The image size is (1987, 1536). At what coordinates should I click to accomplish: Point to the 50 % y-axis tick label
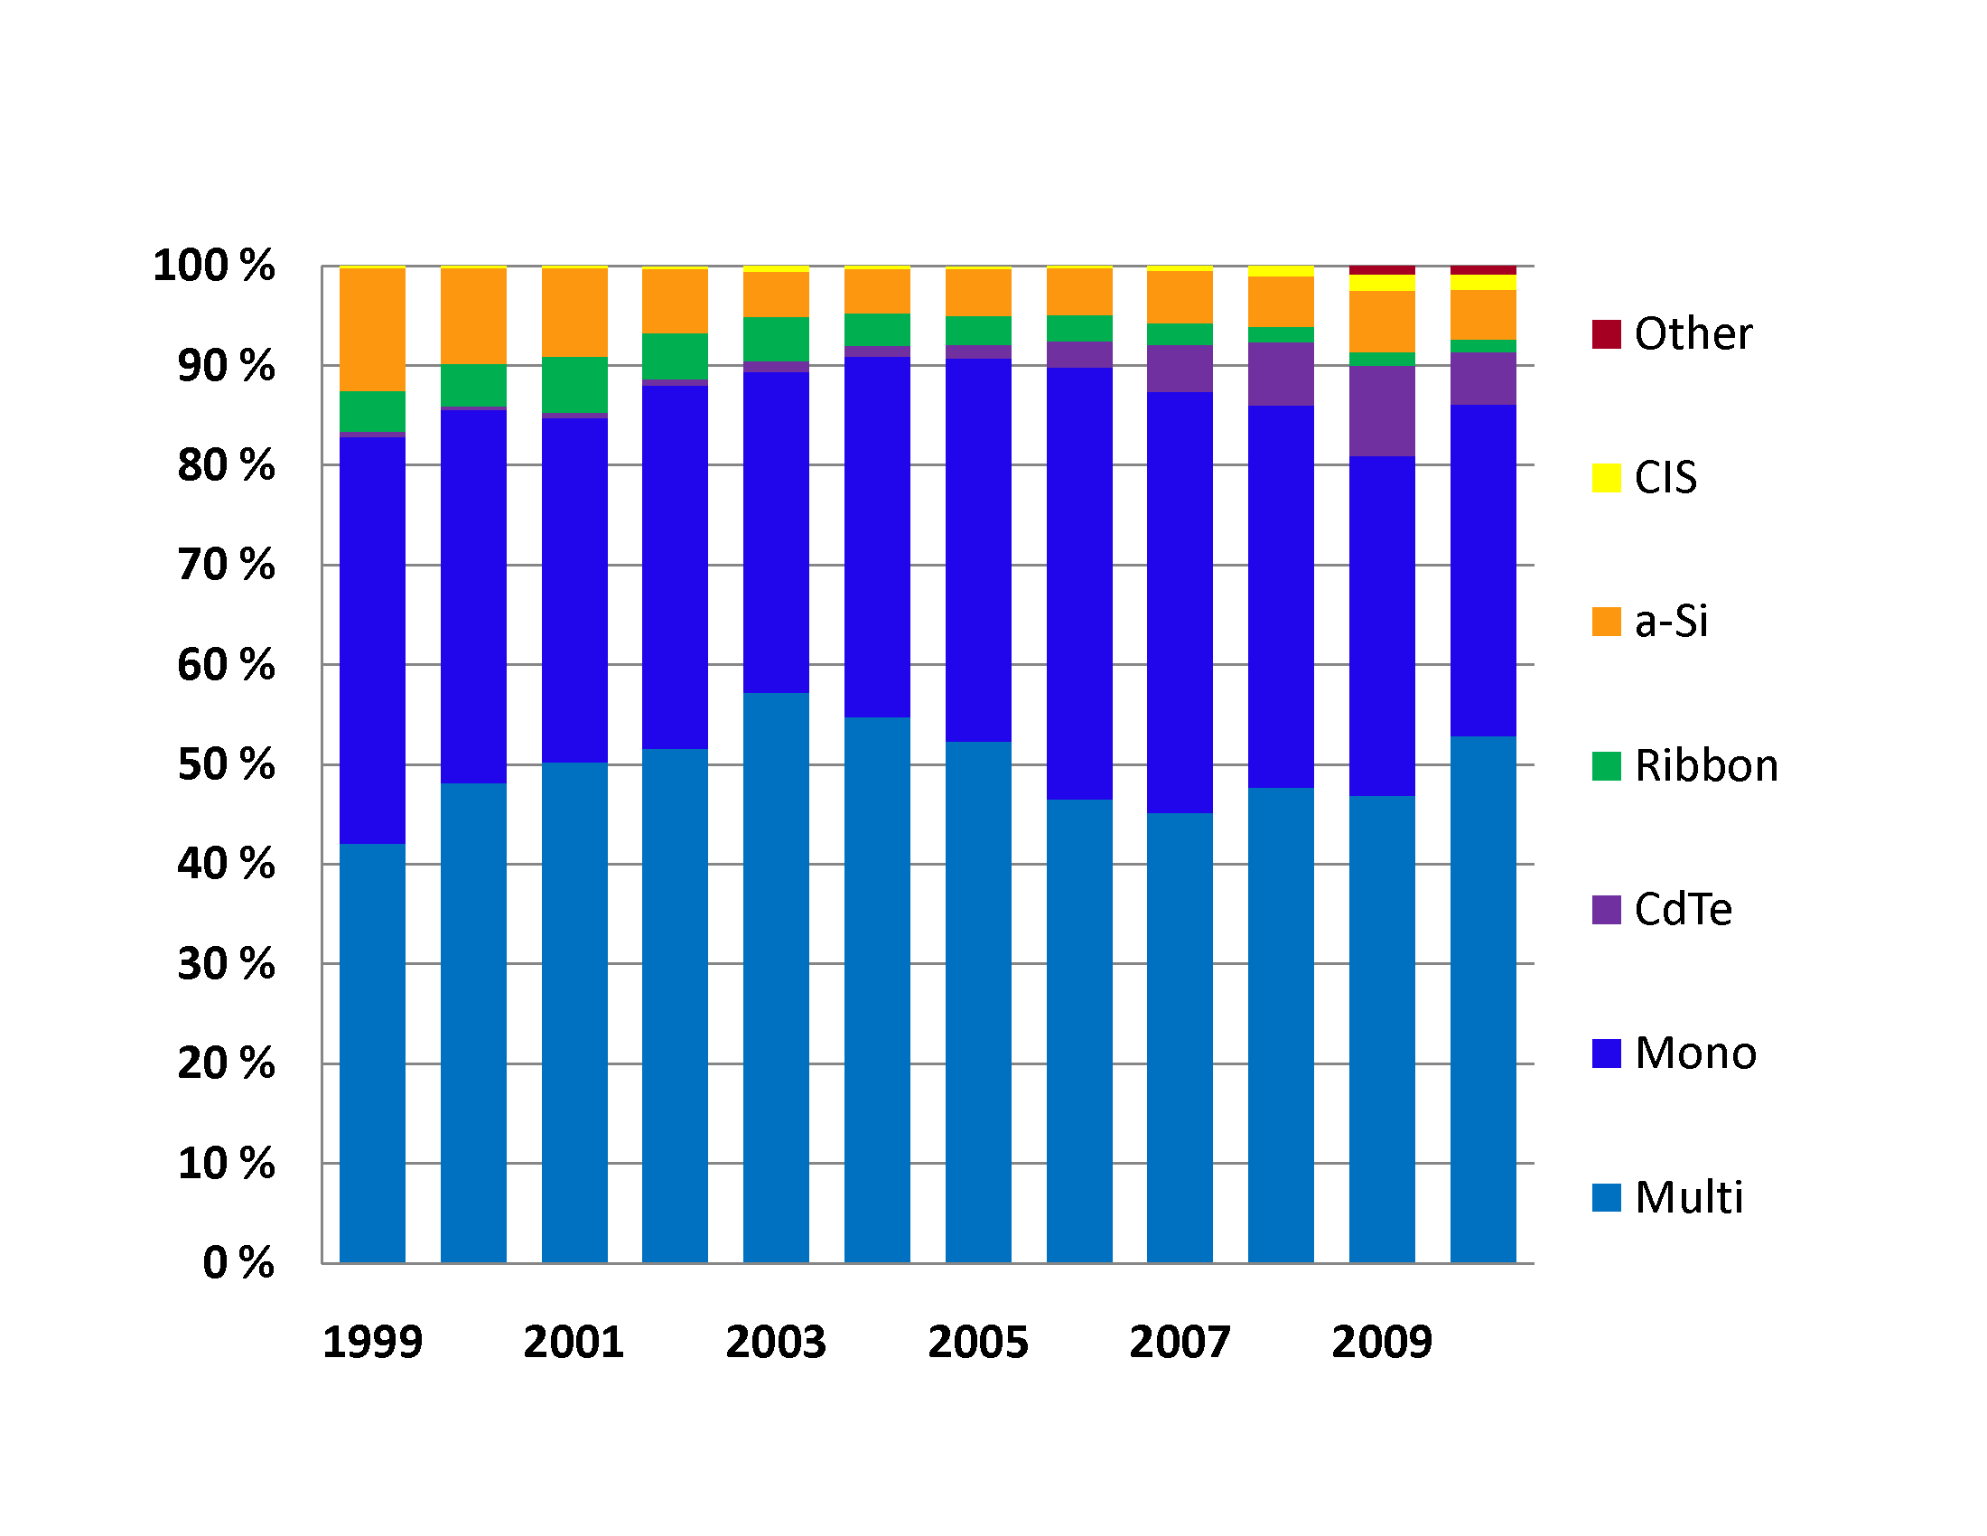[x=226, y=764]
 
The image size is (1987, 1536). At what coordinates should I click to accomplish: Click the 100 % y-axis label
[x=214, y=266]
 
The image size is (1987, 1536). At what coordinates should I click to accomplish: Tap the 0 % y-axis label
[x=238, y=1262]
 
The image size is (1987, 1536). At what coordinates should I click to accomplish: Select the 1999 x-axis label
[x=372, y=1342]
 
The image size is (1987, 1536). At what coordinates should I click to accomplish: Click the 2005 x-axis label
[x=978, y=1342]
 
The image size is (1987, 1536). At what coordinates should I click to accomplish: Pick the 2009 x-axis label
[x=1382, y=1342]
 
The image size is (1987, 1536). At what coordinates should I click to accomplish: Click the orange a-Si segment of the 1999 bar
[x=372, y=330]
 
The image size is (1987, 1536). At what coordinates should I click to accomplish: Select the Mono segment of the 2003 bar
[x=776, y=532]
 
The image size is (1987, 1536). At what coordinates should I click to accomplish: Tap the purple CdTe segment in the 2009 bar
[x=1382, y=410]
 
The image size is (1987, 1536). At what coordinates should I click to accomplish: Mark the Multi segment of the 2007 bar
[x=1180, y=1037]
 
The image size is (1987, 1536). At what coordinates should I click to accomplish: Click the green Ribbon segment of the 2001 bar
[x=574, y=384]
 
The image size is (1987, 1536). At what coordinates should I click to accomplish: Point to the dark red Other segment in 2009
[x=1382, y=270]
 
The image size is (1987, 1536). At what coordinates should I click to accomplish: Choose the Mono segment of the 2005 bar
[x=978, y=549]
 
